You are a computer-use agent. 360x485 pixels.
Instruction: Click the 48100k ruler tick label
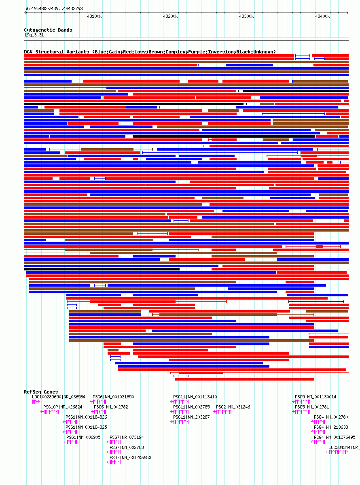point(94,16)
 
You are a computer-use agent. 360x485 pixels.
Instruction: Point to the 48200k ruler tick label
point(170,16)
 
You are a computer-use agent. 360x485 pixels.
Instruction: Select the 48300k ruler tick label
point(246,16)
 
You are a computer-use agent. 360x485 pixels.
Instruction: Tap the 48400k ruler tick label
point(322,16)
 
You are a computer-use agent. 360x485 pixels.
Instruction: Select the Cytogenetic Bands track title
point(48,30)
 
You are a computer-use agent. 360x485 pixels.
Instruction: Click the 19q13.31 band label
point(34,35)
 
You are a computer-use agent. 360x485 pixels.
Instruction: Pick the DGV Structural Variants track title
point(150,52)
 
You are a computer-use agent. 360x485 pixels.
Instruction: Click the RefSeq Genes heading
point(41,392)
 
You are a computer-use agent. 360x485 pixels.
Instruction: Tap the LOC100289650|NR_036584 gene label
point(59,397)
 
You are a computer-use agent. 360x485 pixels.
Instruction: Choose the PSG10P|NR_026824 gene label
point(63,407)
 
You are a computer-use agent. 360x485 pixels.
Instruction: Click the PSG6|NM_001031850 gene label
point(113,397)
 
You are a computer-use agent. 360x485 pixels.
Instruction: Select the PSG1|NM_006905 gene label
point(83,437)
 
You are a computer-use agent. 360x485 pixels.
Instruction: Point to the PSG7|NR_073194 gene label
point(127,437)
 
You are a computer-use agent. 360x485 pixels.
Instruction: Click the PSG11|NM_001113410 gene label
point(195,397)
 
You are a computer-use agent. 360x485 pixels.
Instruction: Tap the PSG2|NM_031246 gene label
point(233,407)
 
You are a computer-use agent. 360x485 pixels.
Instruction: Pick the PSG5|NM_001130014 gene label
point(316,397)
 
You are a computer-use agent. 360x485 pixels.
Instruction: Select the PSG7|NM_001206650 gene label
point(130,457)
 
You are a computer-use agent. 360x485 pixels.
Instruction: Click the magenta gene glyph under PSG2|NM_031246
point(222,412)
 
